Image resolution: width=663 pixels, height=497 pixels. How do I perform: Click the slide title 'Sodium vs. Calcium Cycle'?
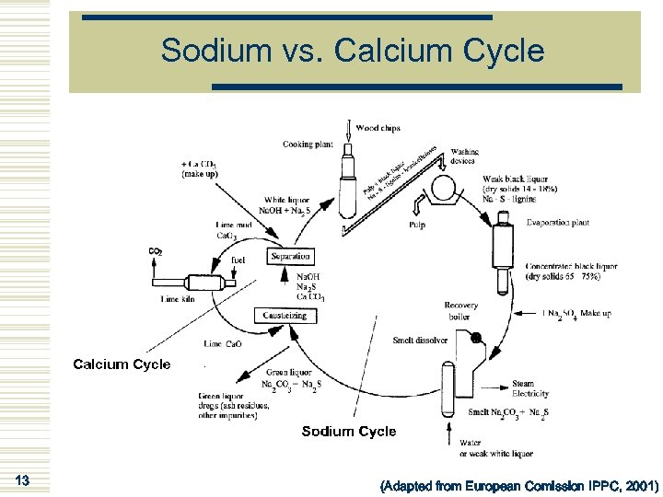pyautogui.click(x=353, y=51)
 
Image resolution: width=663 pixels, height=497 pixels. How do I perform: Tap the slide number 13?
pyautogui.click(x=24, y=480)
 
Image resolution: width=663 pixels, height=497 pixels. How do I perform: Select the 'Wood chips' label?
pyautogui.click(x=378, y=128)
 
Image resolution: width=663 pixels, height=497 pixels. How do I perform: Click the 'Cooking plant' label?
pyautogui.click(x=308, y=144)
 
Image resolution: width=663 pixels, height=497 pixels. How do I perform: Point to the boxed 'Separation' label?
pyautogui.click(x=291, y=256)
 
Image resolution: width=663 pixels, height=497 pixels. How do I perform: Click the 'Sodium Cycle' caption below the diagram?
pyautogui.click(x=349, y=431)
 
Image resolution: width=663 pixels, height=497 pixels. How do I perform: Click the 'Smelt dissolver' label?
pyautogui.click(x=421, y=340)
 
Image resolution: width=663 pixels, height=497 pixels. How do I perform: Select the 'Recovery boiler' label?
pyautogui.click(x=460, y=311)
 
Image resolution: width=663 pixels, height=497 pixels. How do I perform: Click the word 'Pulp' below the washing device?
pyautogui.click(x=417, y=225)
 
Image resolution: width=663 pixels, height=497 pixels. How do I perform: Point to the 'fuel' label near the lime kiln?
pyautogui.click(x=238, y=260)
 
